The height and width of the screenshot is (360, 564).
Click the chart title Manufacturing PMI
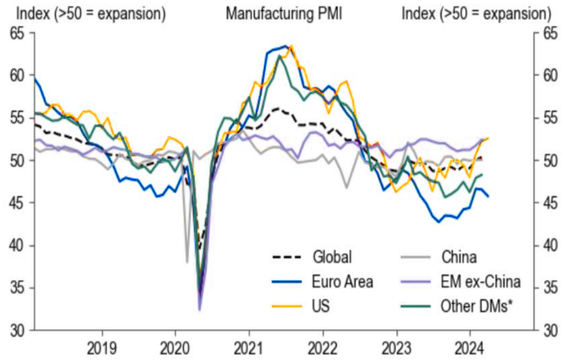pos(284,14)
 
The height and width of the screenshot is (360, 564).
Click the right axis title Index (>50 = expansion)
pos(476,14)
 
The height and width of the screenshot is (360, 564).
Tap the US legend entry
pos(321,306)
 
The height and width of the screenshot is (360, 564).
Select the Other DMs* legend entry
pos(474,306)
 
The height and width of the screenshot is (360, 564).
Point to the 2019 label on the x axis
pos(102,348)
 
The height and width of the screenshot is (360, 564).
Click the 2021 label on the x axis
pos(249,348)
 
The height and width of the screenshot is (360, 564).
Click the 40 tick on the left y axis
pos(18,246)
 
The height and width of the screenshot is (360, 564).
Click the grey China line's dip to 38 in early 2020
pos(187,262)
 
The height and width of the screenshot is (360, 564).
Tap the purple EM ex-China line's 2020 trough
pos(199,310)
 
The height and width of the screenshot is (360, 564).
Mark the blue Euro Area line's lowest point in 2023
pos(439,222)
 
